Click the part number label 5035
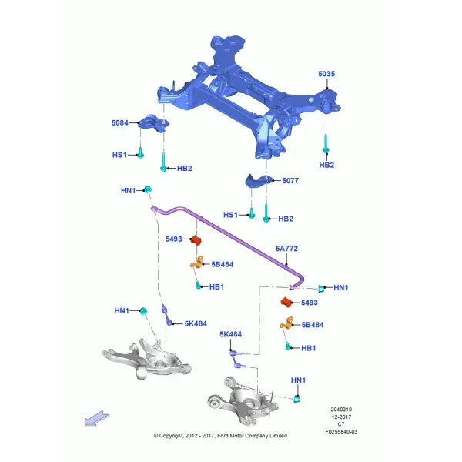(x=326, y=74)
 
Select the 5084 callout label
(x=120, y=123)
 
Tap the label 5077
(x=290, y=181)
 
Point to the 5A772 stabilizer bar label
(x=286, y=249)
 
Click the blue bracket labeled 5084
(x=154, y=123)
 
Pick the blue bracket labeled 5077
(x=258, y=180)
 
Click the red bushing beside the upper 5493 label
(x=196, y=239)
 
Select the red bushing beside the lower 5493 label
(x=286, y=302)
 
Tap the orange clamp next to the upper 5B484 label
(x=197, y=263)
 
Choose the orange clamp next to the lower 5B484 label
(x=287, y=323)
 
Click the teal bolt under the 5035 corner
(x=326, y=144)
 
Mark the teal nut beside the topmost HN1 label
(x=148, y=189)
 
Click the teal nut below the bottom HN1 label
(x=297, y=399)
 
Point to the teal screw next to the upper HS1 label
(x=141, y=152)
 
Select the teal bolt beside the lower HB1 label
(x=288, y=346)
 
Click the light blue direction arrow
(x=97, y=418)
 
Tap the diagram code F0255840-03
(x=341, y=432)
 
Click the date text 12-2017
(x=341, y=417)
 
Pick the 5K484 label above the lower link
(x=230, y=334)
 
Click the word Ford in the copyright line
(x=223, y=436)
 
